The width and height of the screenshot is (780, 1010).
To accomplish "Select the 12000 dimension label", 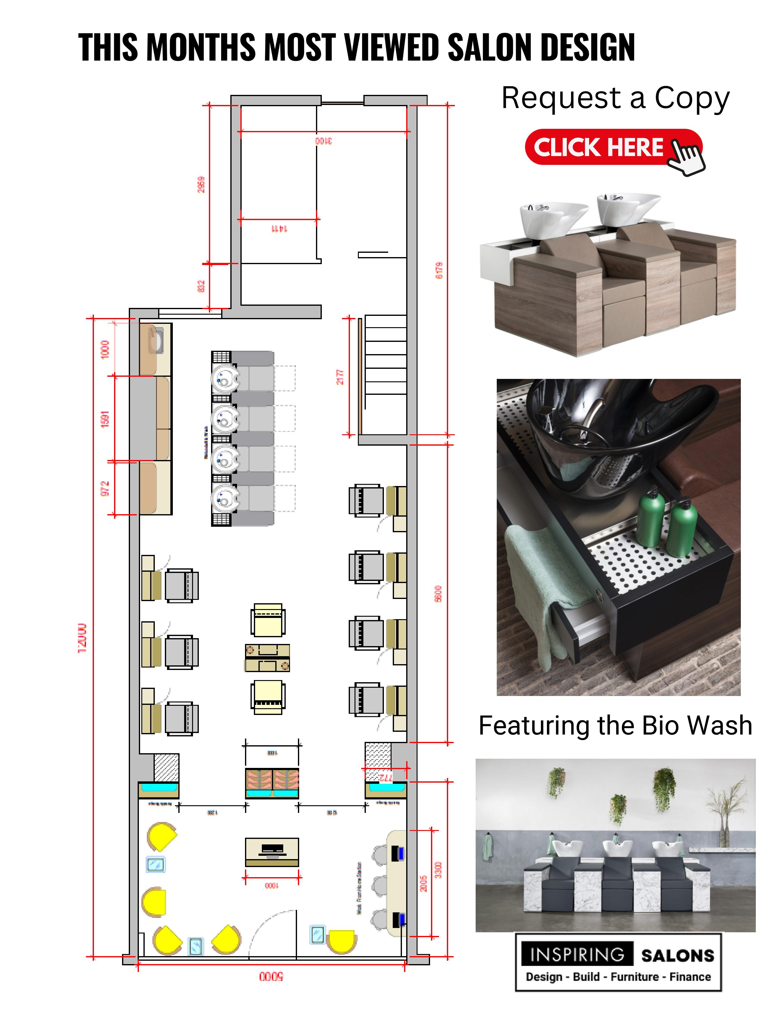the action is pyautogui.click(x=82, y=638).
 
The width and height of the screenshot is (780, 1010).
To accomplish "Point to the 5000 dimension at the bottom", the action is pyautogui.click(x=271, y=976).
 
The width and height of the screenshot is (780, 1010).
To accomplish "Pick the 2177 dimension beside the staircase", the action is pyautogui.click(x=340, y=377).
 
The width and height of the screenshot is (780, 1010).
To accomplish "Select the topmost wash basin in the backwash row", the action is pyautogui.click(x=225, y=377).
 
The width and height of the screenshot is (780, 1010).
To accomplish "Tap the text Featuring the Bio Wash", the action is pyautogui.click(x=615, y=725).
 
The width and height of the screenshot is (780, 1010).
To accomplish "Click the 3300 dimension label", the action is pyautogui.click(x=438, y=870).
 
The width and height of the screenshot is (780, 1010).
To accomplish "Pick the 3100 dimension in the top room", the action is pyautogui.click(x=323, y=140).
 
